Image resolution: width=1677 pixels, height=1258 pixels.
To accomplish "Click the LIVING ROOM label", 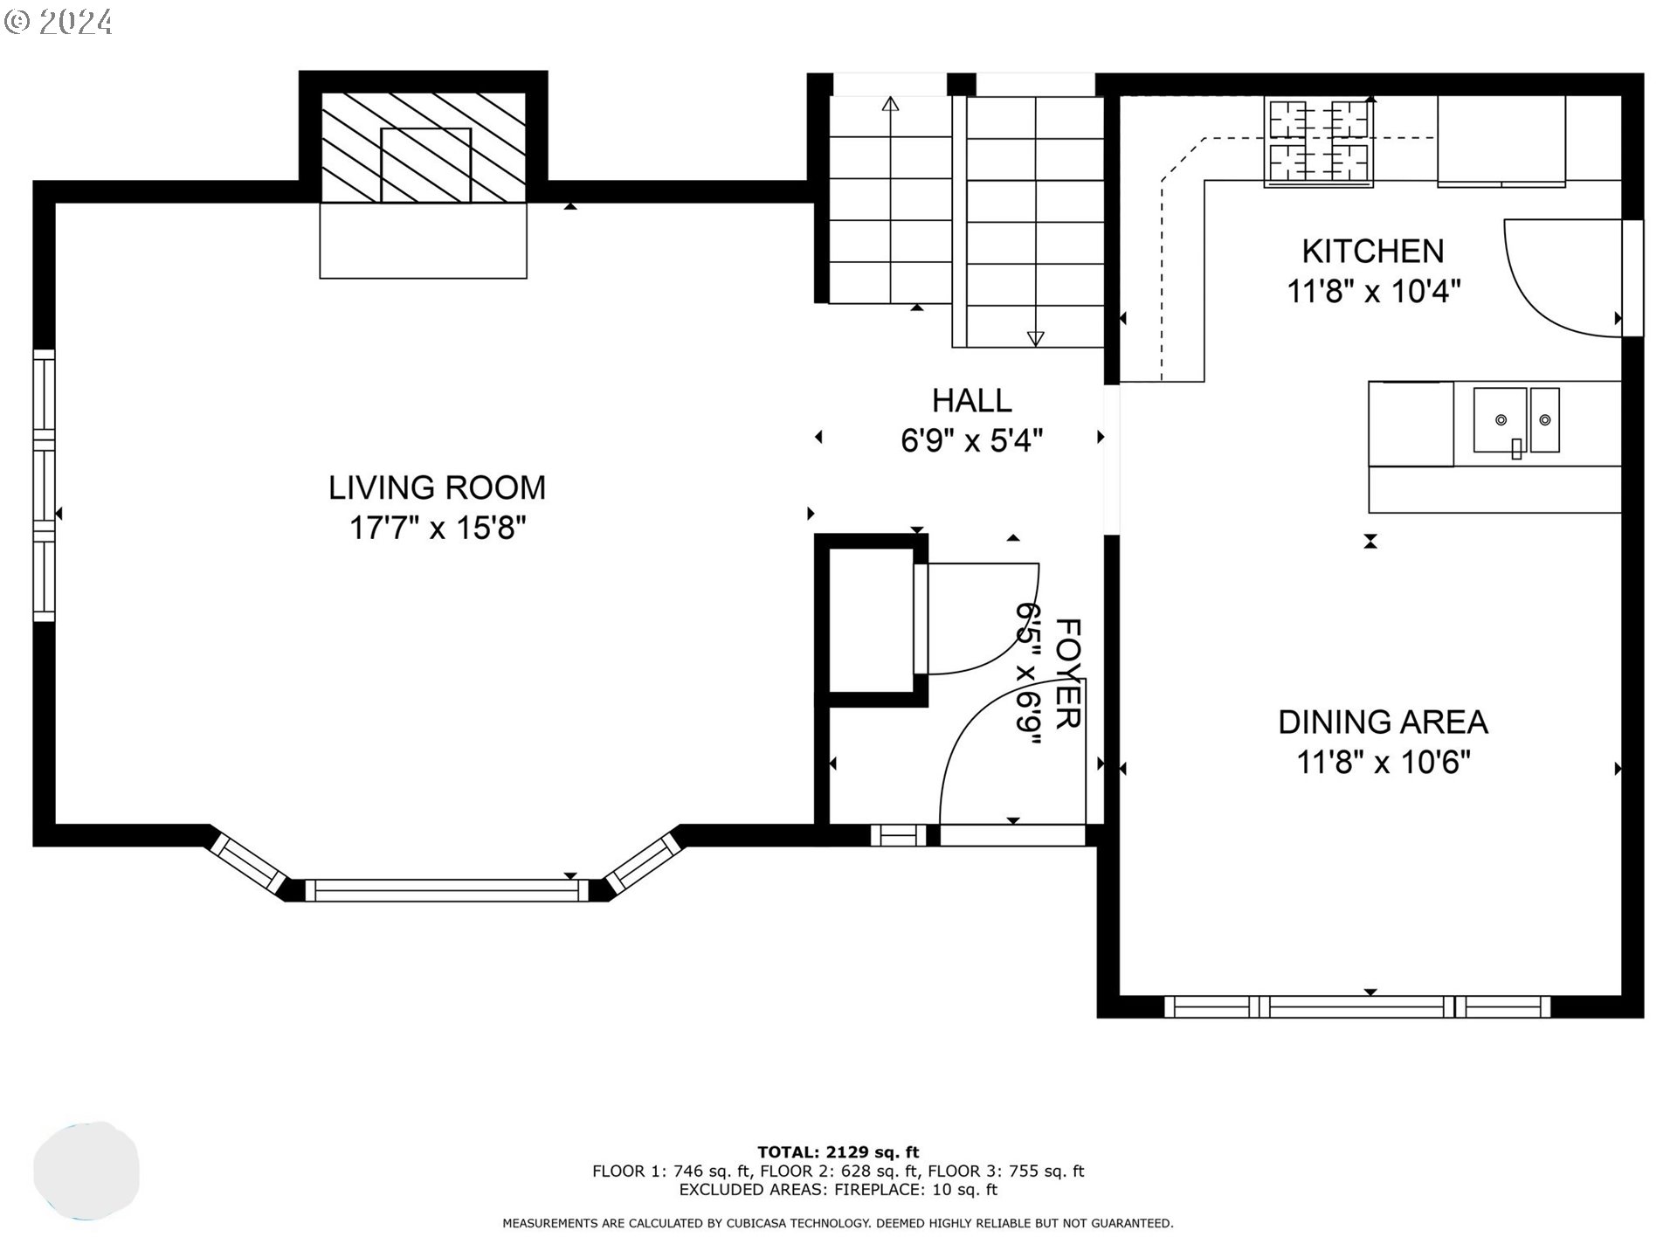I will click(x=437, y=487).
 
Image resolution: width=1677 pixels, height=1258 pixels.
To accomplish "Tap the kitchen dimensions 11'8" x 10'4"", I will click(x=1373, y=291).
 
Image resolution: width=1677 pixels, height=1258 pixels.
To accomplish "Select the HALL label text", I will click(x=971, y=401).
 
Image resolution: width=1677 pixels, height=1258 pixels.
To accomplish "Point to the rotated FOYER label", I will click(x=1068, y=673).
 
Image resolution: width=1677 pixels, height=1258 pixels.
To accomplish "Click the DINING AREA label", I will click(x=1383, y=722).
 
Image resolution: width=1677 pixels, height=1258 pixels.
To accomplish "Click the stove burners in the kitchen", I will click(x=1318, y=142).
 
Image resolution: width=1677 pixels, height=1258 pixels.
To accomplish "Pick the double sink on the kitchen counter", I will click(x=1516, y=421).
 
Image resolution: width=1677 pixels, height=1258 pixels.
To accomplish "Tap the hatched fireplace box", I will click(x=424, y=148).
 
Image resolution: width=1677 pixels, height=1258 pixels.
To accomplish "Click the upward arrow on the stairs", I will click(x=890, y=106).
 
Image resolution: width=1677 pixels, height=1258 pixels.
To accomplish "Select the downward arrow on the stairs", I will click(x=1035, y=338).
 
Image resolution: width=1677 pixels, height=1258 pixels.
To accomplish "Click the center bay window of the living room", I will click(x=446, y=890).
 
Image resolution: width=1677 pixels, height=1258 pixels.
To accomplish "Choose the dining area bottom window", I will click(x=1357, y=1006).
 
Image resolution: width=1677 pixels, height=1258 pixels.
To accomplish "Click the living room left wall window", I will click(x=44, y=486).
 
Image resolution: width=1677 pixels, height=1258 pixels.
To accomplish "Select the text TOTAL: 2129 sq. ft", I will click(x=838, y=1152).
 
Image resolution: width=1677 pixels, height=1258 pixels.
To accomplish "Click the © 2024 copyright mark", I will click(x=59, y=21).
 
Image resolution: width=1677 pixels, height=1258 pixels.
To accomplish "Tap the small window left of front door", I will click(x=898, y=835).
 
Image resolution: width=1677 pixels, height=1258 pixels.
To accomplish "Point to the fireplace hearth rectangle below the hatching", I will click(x=424, y=241).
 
